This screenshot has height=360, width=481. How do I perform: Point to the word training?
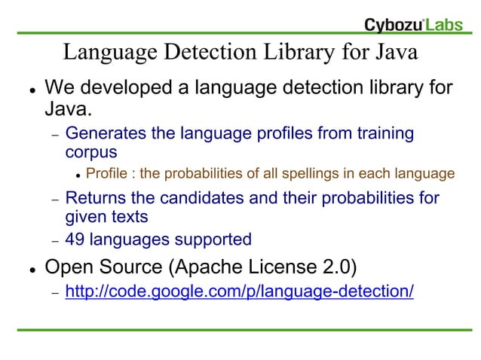tap(380, 134)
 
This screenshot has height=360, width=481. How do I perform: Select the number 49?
tap(75, 240)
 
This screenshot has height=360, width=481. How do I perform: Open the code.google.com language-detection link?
tap(239, 291)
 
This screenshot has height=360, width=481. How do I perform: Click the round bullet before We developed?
tap(27, 90)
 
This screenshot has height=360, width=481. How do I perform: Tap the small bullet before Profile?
tap(78, 175)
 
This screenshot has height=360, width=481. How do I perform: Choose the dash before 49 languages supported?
tap(54, 240)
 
